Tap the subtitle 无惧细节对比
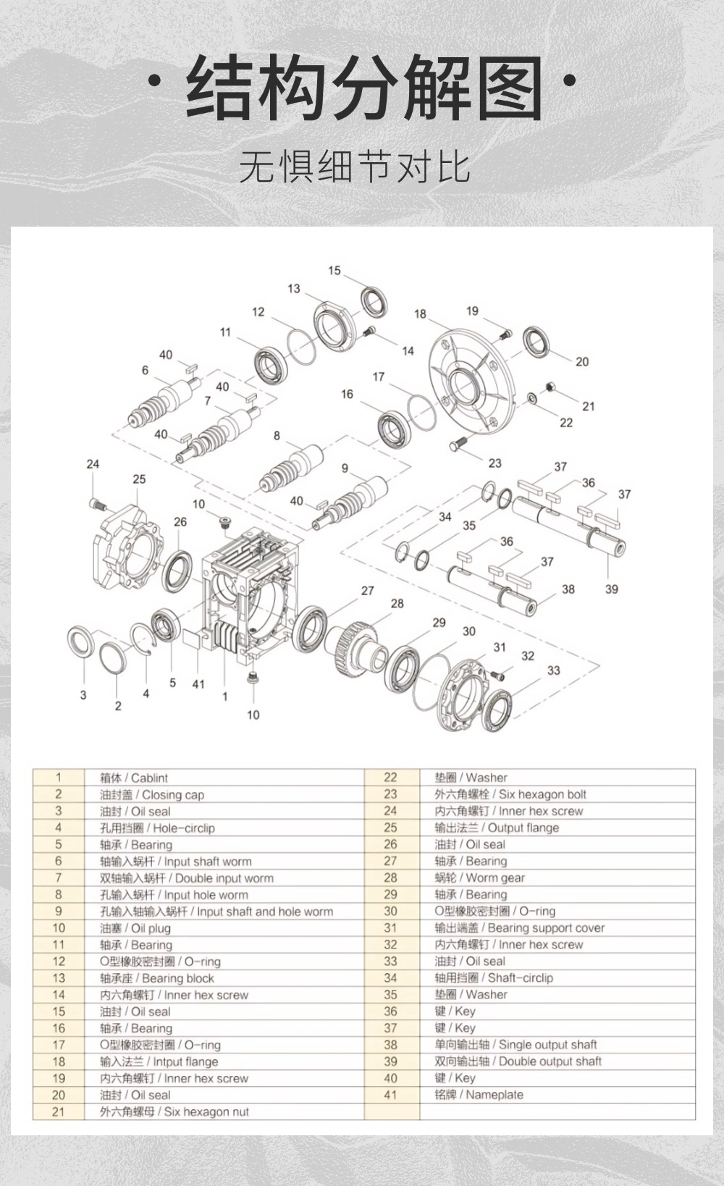point(355,167)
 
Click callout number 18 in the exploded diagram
point(420,314)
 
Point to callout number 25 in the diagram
point(139,479)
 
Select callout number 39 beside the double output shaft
point(612,589)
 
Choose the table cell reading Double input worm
point(187,878)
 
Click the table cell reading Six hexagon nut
point(174,1111)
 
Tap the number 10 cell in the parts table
point(59,928)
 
